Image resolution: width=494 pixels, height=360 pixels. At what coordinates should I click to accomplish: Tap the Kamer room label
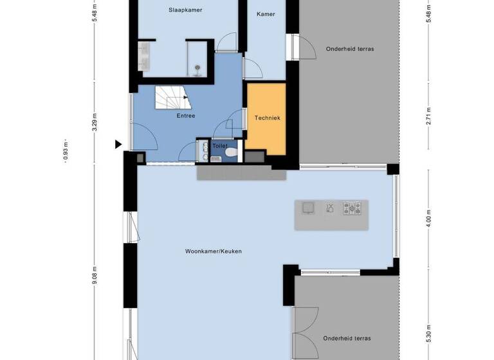point(266,14)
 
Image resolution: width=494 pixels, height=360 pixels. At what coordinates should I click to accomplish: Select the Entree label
point(186,116)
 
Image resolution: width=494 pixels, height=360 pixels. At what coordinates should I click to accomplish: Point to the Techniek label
point(267,118)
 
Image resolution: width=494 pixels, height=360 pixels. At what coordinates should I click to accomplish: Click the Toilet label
point(220,146)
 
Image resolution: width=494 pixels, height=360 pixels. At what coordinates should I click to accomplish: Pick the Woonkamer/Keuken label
point(213,251)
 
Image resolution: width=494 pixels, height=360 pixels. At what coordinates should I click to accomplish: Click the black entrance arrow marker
point(118,145)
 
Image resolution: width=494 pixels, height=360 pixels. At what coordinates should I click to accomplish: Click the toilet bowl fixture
point(231,154)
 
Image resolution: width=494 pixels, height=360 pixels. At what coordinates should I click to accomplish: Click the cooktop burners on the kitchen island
point(352,208)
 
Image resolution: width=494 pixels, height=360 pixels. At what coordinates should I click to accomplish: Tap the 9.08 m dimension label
point(95,275)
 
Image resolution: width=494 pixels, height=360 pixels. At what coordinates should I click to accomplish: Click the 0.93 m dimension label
point(66,152)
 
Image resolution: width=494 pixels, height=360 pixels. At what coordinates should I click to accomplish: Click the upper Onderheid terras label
point(350,49)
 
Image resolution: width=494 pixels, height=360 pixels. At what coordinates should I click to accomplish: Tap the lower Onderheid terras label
point(347,338)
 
